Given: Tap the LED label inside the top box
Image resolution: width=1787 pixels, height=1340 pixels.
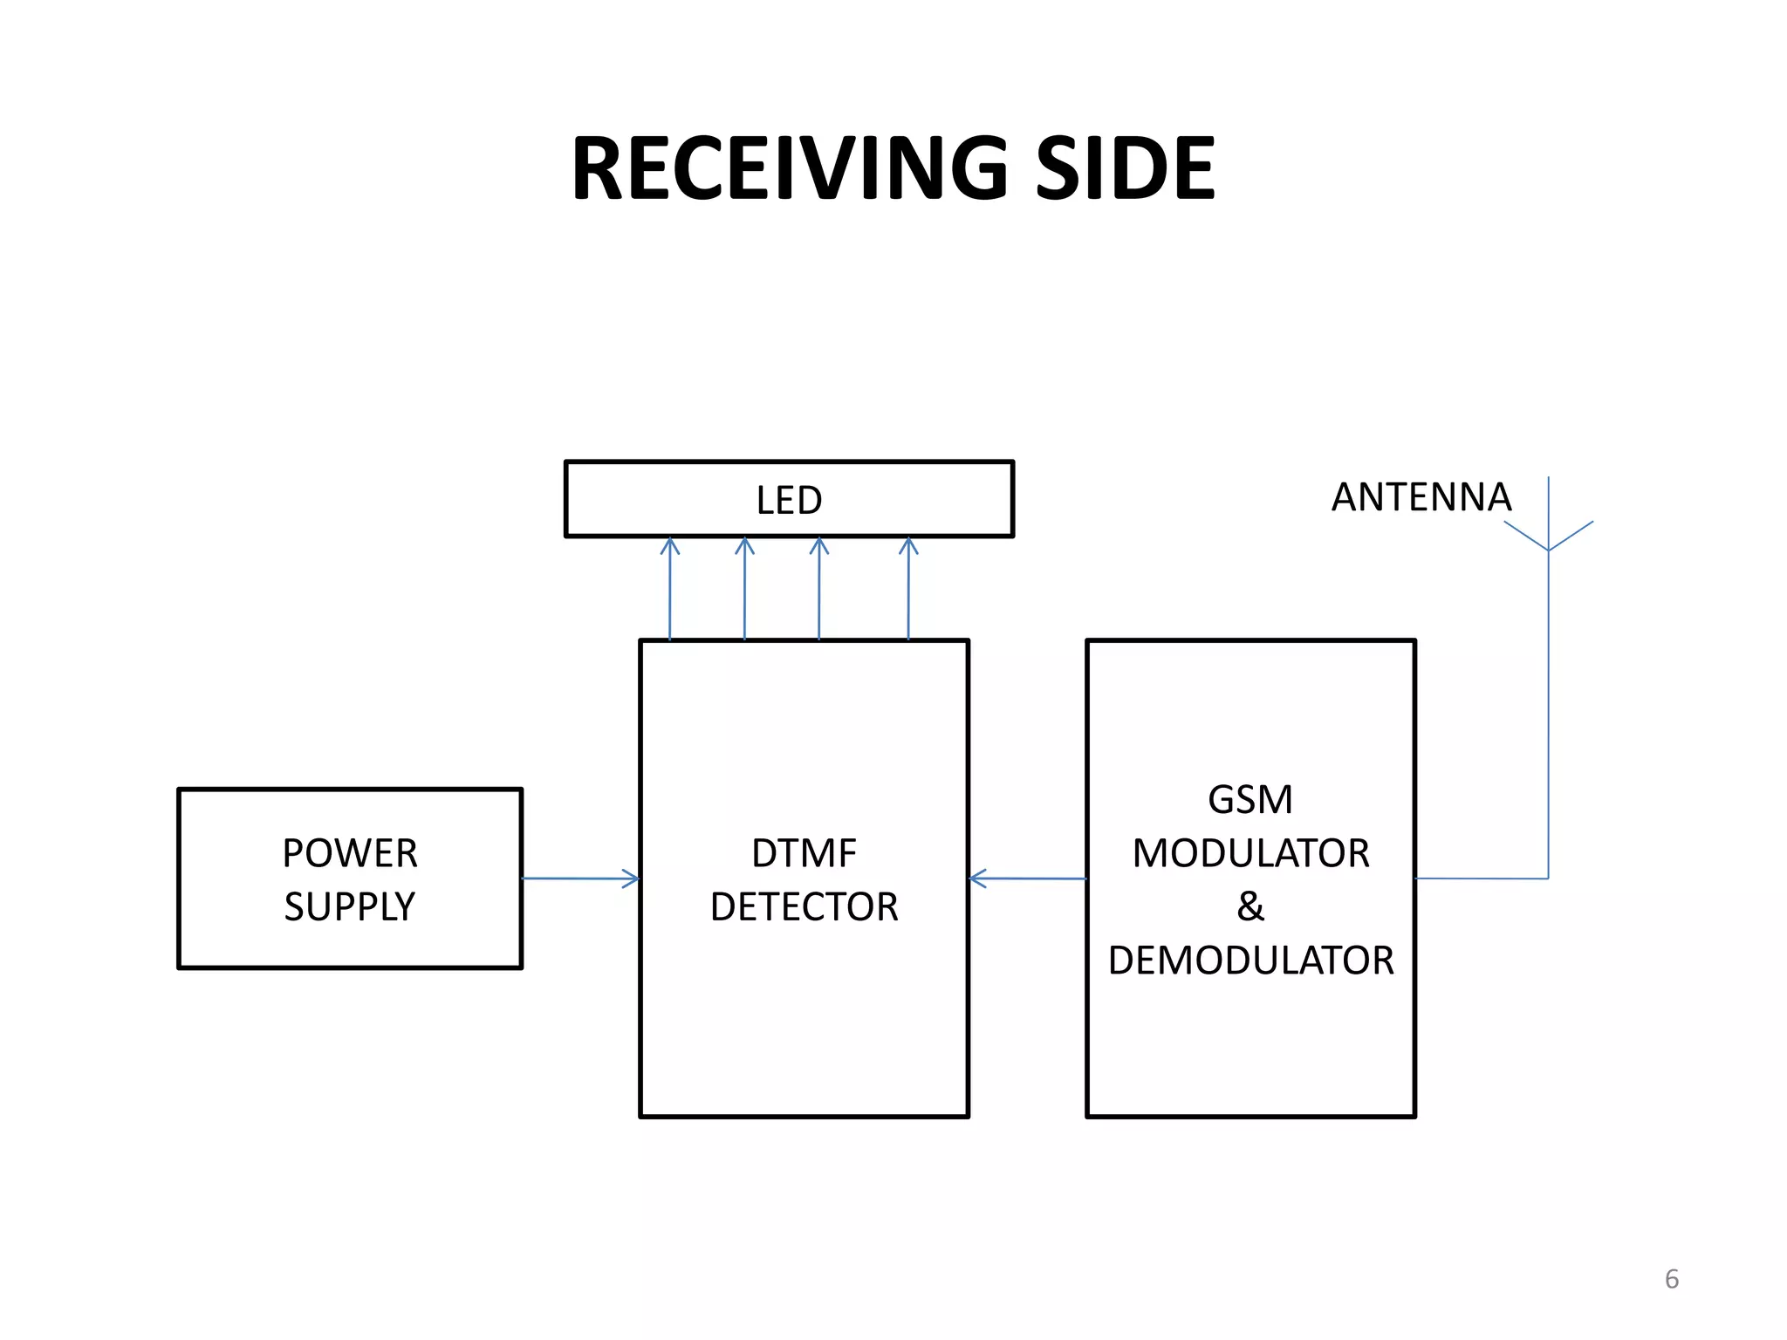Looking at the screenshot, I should (x=789, y=501).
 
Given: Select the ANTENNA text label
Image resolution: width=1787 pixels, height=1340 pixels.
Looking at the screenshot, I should (x=1421, y=497).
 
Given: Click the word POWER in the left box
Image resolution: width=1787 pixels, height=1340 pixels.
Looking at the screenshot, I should (x=350, y=853).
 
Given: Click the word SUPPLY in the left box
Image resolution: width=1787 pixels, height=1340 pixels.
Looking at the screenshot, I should (x=350, y=907).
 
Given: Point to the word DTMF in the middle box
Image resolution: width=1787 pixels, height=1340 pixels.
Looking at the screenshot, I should (x=804, y=853).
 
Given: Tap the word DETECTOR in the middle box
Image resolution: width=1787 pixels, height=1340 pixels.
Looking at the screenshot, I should (x=804, y=907).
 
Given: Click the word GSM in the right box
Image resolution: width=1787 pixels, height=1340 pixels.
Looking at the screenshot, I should (x=1250, y=799).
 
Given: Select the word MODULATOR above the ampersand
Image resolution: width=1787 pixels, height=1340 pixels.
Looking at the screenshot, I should (x=1250, y=853).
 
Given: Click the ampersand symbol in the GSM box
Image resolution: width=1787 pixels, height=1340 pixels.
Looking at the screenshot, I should (x=1250, y=907).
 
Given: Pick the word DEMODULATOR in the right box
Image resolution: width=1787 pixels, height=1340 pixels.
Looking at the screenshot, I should (x=1250, y=961).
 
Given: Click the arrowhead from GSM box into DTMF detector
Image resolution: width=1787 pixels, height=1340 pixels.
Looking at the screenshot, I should (x=978, y=879).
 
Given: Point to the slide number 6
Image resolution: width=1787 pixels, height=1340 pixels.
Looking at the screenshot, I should (x=1671, y=1279).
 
